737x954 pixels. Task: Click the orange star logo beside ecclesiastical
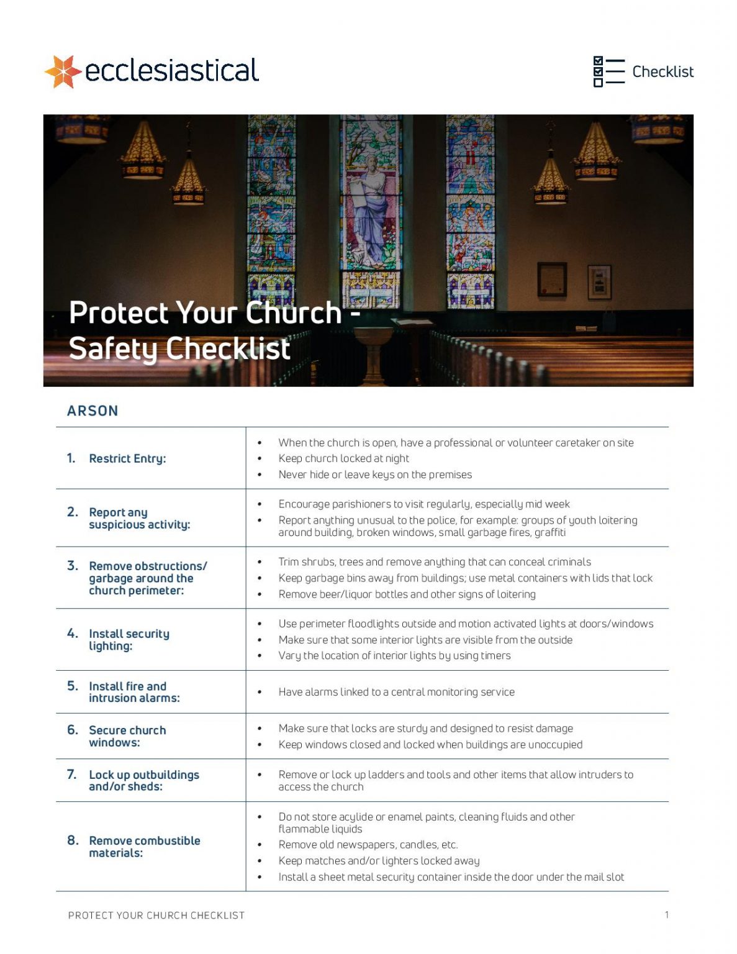coord(63,71)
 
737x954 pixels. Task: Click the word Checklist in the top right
coord(662,72)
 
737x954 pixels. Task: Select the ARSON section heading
coord(93,411)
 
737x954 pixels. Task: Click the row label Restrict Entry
coord(127,458)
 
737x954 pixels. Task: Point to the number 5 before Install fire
coord(73,686)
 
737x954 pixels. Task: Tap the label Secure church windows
coord(127,736)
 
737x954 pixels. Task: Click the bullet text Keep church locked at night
coord(343,458)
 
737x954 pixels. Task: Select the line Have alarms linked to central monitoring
coord(396,692)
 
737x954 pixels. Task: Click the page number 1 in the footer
coord(666,914)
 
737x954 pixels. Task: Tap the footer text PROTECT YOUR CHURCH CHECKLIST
coord(156,915)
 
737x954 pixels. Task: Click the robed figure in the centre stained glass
coord(371,211)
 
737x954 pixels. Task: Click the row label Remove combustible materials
coord(144,847)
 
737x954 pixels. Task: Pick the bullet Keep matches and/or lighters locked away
coord(379,861)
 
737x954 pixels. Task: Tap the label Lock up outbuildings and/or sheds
coord(143,780)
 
